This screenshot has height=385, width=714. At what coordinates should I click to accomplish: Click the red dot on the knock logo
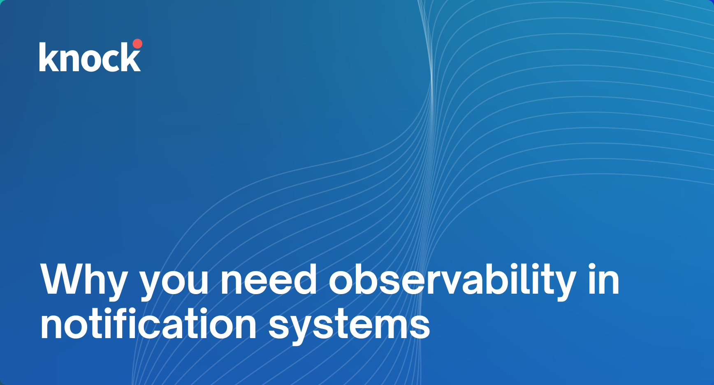click(137, 44)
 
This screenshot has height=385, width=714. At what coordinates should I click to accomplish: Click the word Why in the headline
click(84, 280)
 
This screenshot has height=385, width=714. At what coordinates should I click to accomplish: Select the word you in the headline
click(174, 282)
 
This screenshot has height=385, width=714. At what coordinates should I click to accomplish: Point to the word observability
click(452, 280)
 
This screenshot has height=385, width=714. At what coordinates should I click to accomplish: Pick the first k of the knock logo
click(47, 57)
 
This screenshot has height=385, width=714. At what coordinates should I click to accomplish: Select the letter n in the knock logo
click(68, 60)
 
